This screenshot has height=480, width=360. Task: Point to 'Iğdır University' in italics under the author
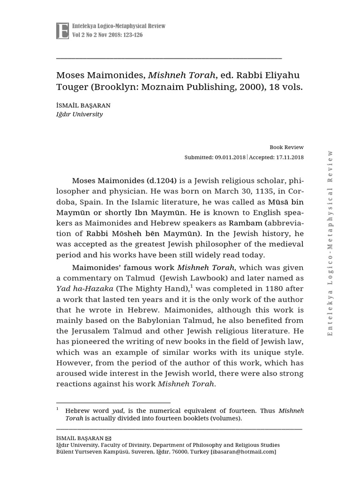[x=79, y=114]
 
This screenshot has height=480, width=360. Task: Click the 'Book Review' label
[x=286, y=147]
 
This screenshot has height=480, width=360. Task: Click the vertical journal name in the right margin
[x=330, y=242]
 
